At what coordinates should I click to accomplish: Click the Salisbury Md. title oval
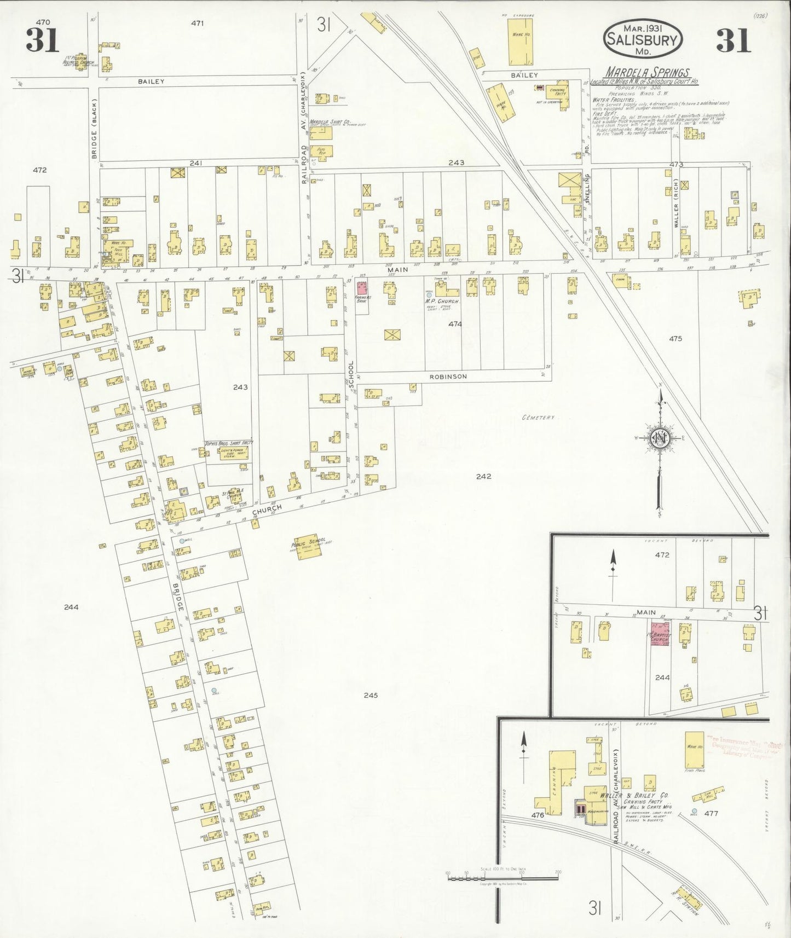pos(642,39)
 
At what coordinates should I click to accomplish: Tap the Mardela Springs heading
pos(647,72)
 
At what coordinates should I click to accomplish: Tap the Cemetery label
pos(538,418)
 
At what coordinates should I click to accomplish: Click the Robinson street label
pos(448,377)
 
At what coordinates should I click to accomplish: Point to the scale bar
pos(502,877)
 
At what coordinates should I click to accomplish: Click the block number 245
pos(371,696)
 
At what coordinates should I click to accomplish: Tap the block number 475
pos(675,339)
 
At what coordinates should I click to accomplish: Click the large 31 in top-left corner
pos(42,40)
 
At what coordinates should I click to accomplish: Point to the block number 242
pos(483,476)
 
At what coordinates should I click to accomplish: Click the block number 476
pos(538,815)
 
